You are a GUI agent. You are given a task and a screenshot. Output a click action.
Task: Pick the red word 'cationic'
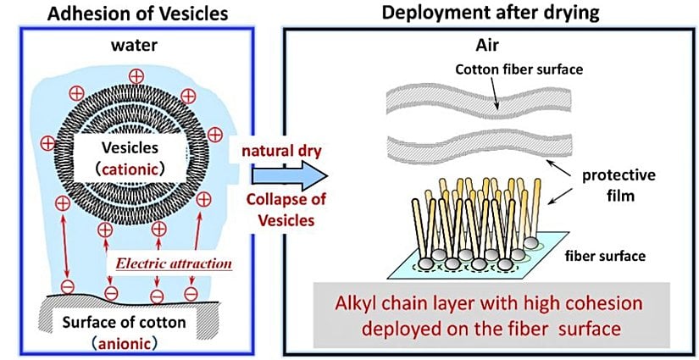click(x=136, y=167)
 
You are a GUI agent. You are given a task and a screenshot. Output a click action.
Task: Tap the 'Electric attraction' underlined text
click(x=171, y=263)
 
